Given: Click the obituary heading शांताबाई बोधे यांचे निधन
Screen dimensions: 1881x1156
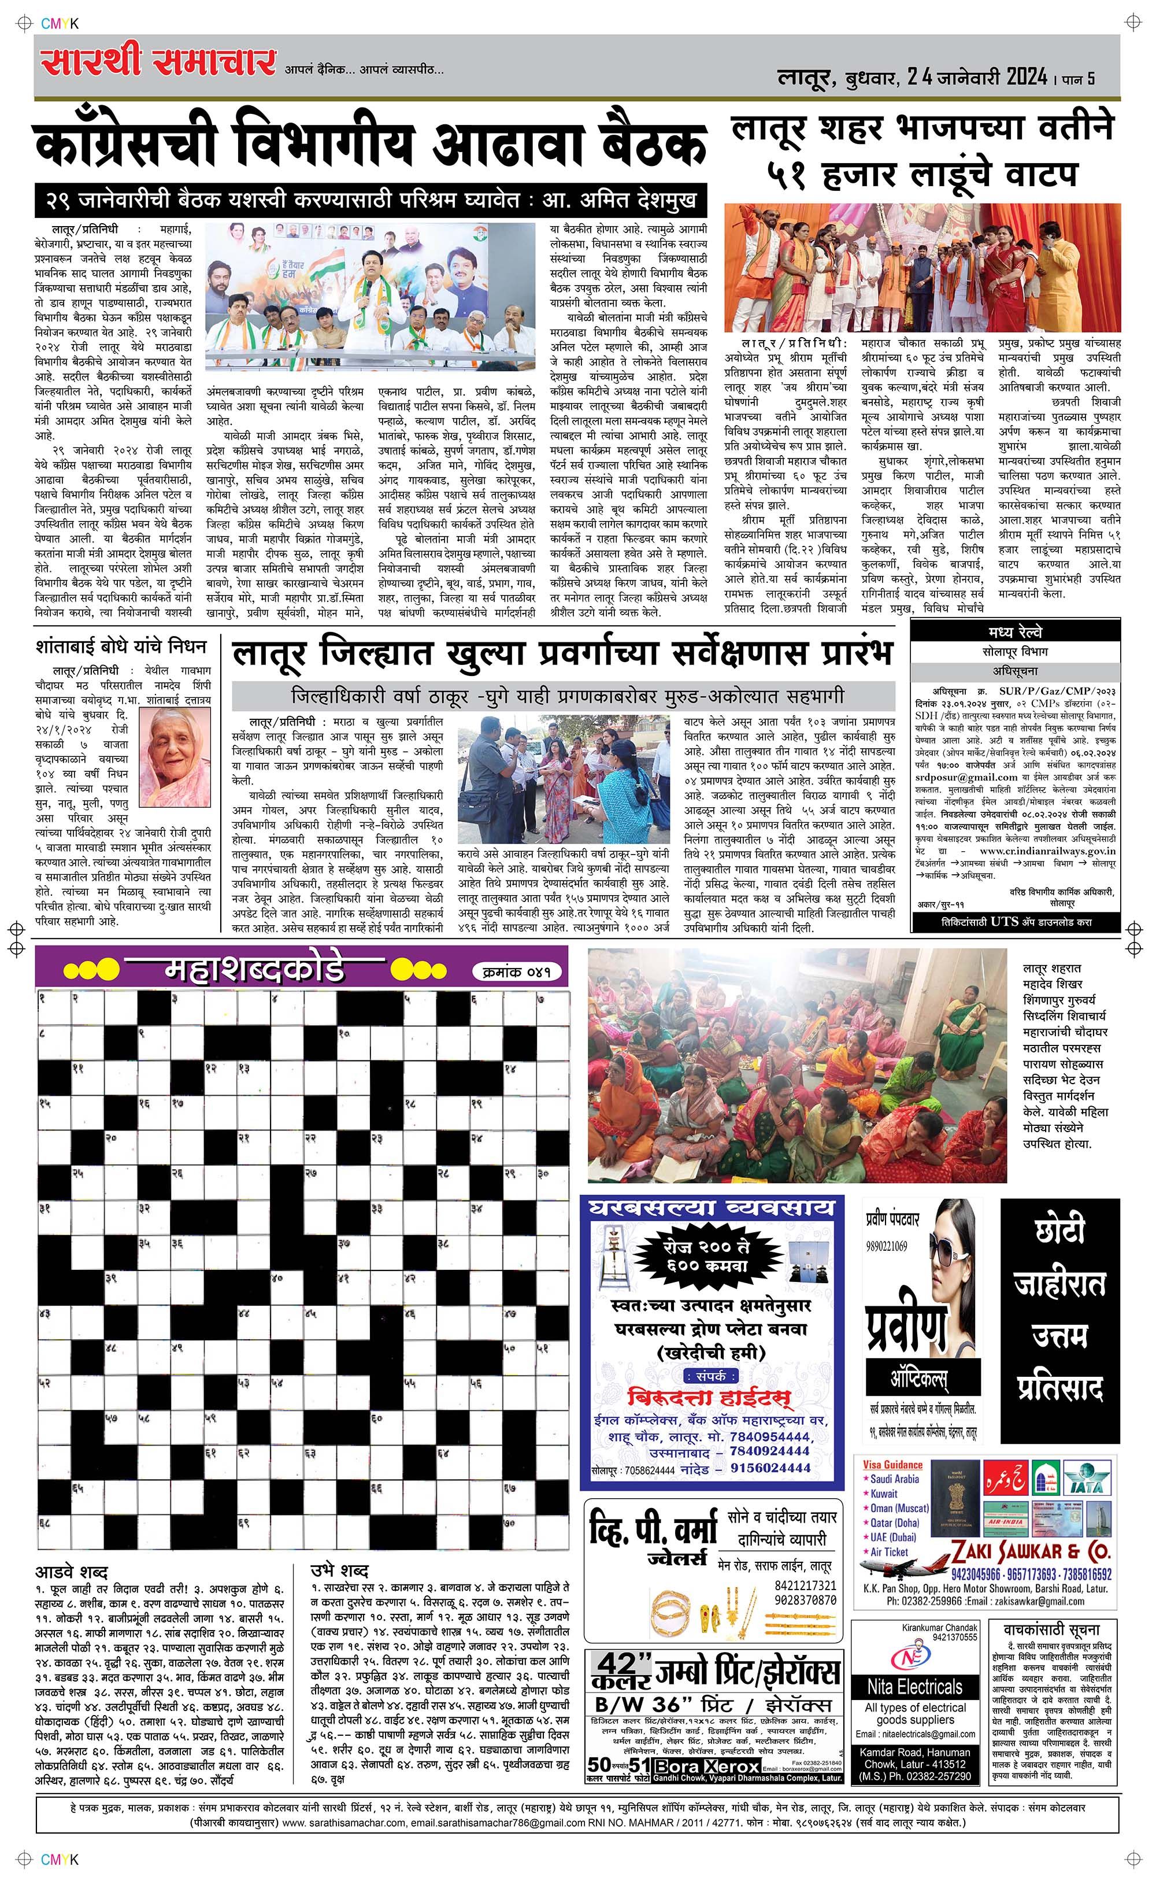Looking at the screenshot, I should coord(121,647).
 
